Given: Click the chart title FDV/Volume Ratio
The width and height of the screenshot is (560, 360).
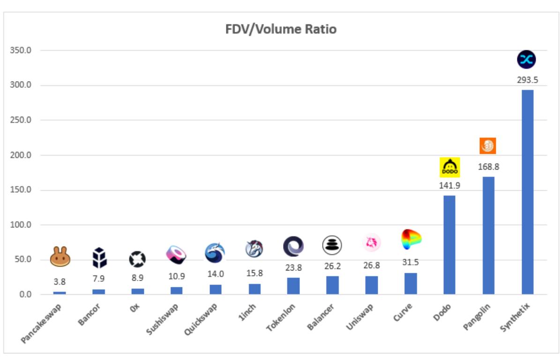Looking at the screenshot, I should [280, 29].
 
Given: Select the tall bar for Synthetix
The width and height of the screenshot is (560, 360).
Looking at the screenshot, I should [527, 192].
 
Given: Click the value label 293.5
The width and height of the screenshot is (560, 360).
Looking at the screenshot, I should [527, 80].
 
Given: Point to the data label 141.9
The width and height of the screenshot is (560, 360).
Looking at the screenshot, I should [449, 186].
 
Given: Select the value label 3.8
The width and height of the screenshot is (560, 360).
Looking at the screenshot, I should [60, 282].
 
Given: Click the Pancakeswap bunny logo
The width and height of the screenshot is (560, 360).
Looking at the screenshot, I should [60, 257].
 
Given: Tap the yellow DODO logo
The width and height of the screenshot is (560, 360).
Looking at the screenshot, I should [449, 167].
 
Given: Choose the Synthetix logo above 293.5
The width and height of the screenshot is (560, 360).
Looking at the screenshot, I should [526, 60].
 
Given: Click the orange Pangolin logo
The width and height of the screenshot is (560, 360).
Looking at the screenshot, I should [487, 146].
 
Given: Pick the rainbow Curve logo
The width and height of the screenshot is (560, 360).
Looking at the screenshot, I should [411, 240].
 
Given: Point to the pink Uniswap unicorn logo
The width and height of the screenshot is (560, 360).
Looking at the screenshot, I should [372, 242].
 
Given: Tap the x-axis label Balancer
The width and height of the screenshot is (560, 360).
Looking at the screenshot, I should [321, 317].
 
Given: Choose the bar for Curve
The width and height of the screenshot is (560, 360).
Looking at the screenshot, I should [411, 284].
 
